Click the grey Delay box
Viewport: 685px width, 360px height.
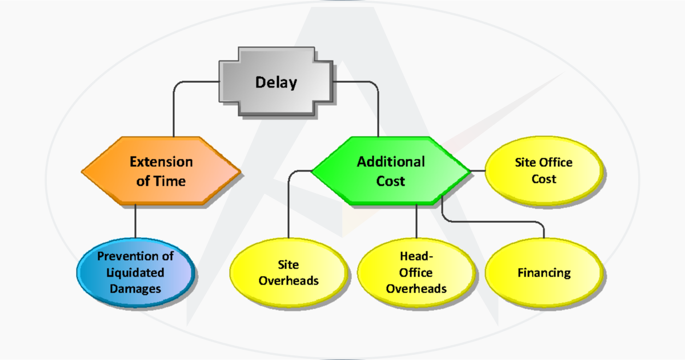point(276,83)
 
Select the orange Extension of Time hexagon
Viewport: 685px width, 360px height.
point(161,171)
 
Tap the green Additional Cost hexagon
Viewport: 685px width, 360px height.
point(391,171)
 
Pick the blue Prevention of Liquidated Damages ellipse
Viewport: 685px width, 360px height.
point(135,273)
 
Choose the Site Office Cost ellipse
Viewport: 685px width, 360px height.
point(543,170)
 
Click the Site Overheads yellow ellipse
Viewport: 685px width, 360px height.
point(289,273)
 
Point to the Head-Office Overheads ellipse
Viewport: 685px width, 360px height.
point(416,273)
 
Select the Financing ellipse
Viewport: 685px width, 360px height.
point(544,273)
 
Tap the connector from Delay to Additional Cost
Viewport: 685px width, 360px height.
point(378,109)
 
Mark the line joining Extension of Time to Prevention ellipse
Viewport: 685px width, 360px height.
point(135,220)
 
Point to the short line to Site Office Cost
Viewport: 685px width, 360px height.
point(477,170)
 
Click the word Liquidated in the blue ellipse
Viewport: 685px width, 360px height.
point(135,273)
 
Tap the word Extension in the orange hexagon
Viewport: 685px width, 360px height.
point(161,162)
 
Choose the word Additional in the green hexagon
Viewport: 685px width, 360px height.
point(391,162)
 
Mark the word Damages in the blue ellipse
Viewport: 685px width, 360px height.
point(135,289)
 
